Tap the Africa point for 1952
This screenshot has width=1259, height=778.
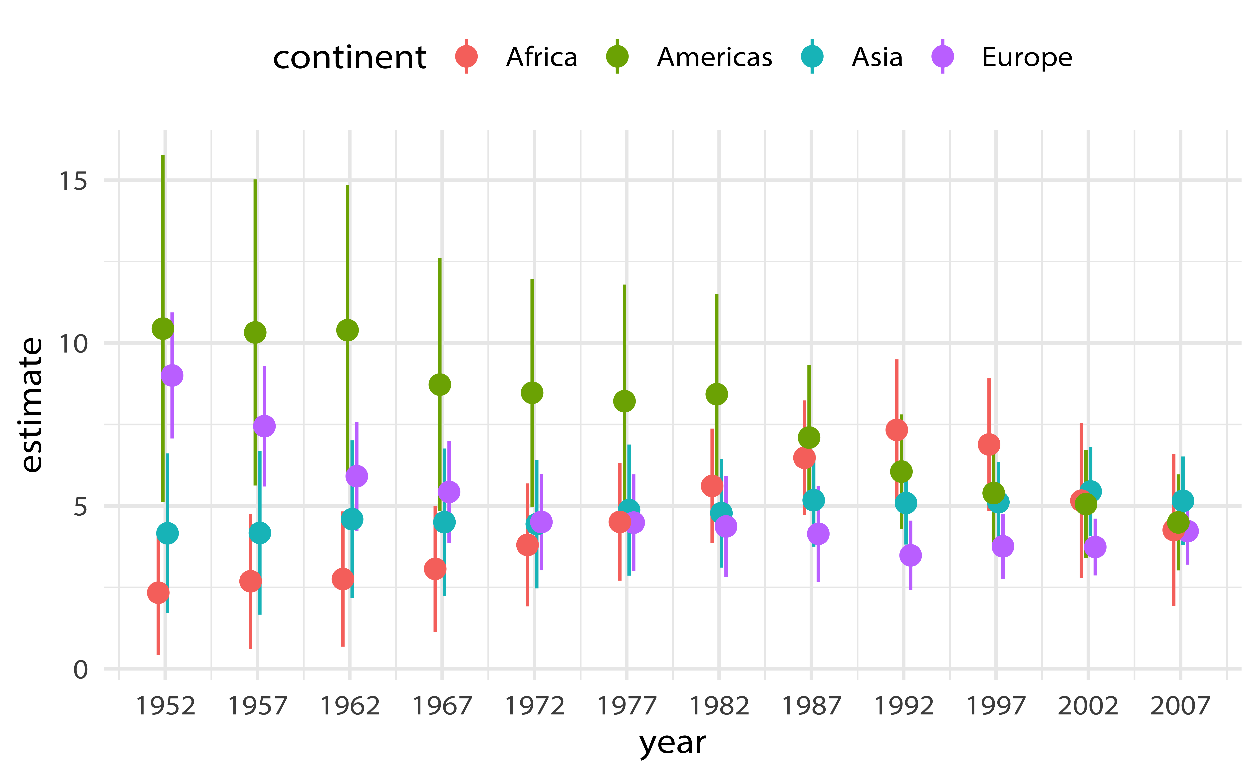point(158,593)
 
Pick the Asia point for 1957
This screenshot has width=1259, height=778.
point(259,533)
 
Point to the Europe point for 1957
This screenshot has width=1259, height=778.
point(264,426)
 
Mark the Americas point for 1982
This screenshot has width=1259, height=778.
point(717,394)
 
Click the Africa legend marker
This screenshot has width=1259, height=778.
point(466,57)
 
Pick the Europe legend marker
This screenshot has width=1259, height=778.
point(943,57)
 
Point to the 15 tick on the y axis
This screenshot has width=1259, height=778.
point(73,181)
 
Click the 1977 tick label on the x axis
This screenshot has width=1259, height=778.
point(627,706)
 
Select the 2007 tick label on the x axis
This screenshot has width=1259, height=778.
point(1180,706)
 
